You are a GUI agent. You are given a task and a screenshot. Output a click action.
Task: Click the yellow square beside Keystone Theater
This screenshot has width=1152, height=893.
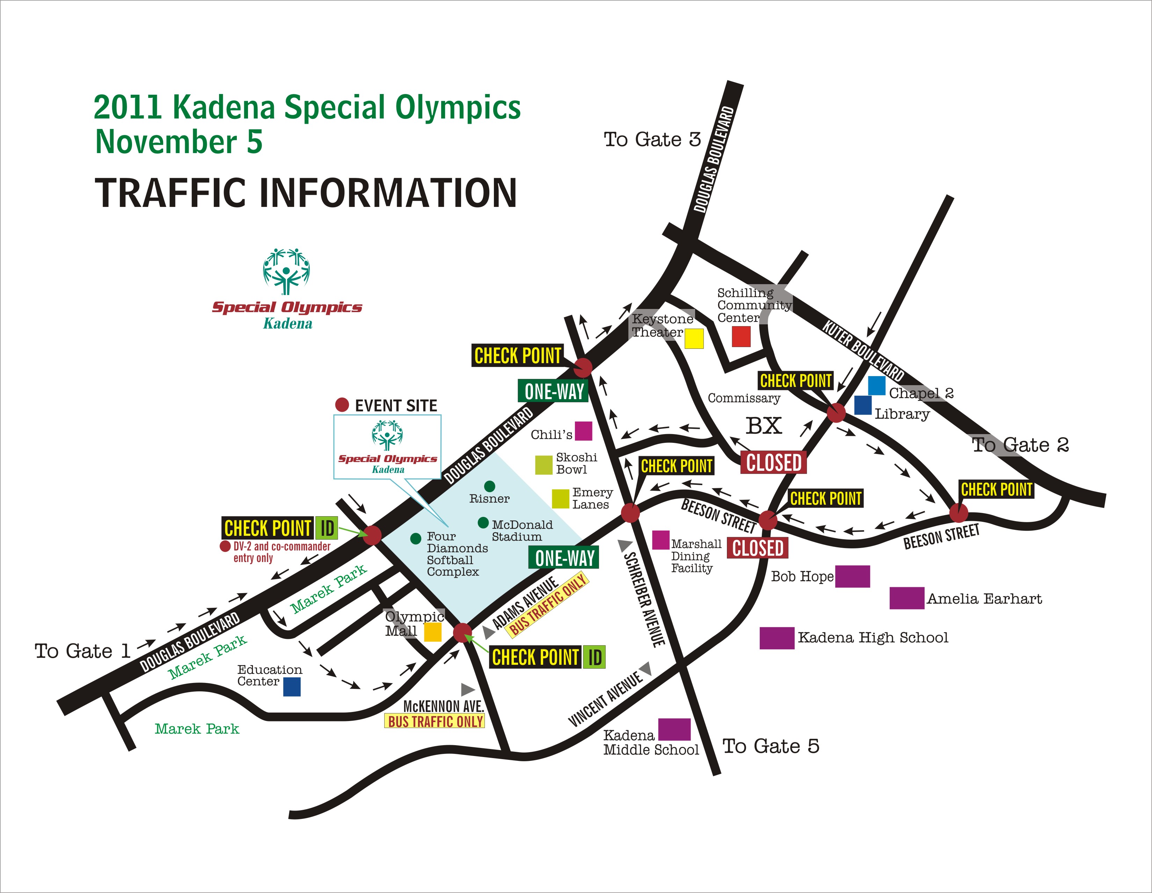(694, 338)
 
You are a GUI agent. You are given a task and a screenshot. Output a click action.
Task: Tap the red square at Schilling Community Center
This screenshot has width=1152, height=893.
(741, 336)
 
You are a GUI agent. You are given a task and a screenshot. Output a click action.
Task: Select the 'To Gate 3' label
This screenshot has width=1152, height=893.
(652, 139)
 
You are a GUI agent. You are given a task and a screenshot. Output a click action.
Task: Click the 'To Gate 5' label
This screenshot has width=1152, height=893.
(770, 746)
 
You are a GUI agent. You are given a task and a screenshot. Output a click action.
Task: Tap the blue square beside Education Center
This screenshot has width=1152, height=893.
(292, 687)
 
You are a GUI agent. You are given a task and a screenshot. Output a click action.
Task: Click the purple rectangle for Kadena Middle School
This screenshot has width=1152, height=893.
(674, 729)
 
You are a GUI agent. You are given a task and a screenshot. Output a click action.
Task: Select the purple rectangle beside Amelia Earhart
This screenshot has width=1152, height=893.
(907, 598)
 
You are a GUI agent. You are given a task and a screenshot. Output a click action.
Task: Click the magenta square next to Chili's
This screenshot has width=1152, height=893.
(583, 431)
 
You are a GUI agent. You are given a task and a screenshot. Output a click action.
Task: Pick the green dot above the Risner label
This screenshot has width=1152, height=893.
(489, 486)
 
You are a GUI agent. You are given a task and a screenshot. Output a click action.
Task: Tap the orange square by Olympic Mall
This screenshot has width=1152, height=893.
(432, 632)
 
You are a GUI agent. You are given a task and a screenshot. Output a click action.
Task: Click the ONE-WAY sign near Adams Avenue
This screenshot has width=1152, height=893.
(564, 558)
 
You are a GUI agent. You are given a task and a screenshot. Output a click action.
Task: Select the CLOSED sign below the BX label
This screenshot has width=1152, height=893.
(773, 462)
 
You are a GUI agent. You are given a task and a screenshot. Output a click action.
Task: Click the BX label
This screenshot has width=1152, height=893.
(763, 425)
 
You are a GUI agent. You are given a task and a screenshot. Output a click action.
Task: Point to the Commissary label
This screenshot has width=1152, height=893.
(743, 398)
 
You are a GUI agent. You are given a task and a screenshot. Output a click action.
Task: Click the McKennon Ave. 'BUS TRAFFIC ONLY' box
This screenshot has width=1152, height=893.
(435, 721)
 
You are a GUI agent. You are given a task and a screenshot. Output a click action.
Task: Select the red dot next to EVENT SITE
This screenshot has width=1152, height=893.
(342, 405)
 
